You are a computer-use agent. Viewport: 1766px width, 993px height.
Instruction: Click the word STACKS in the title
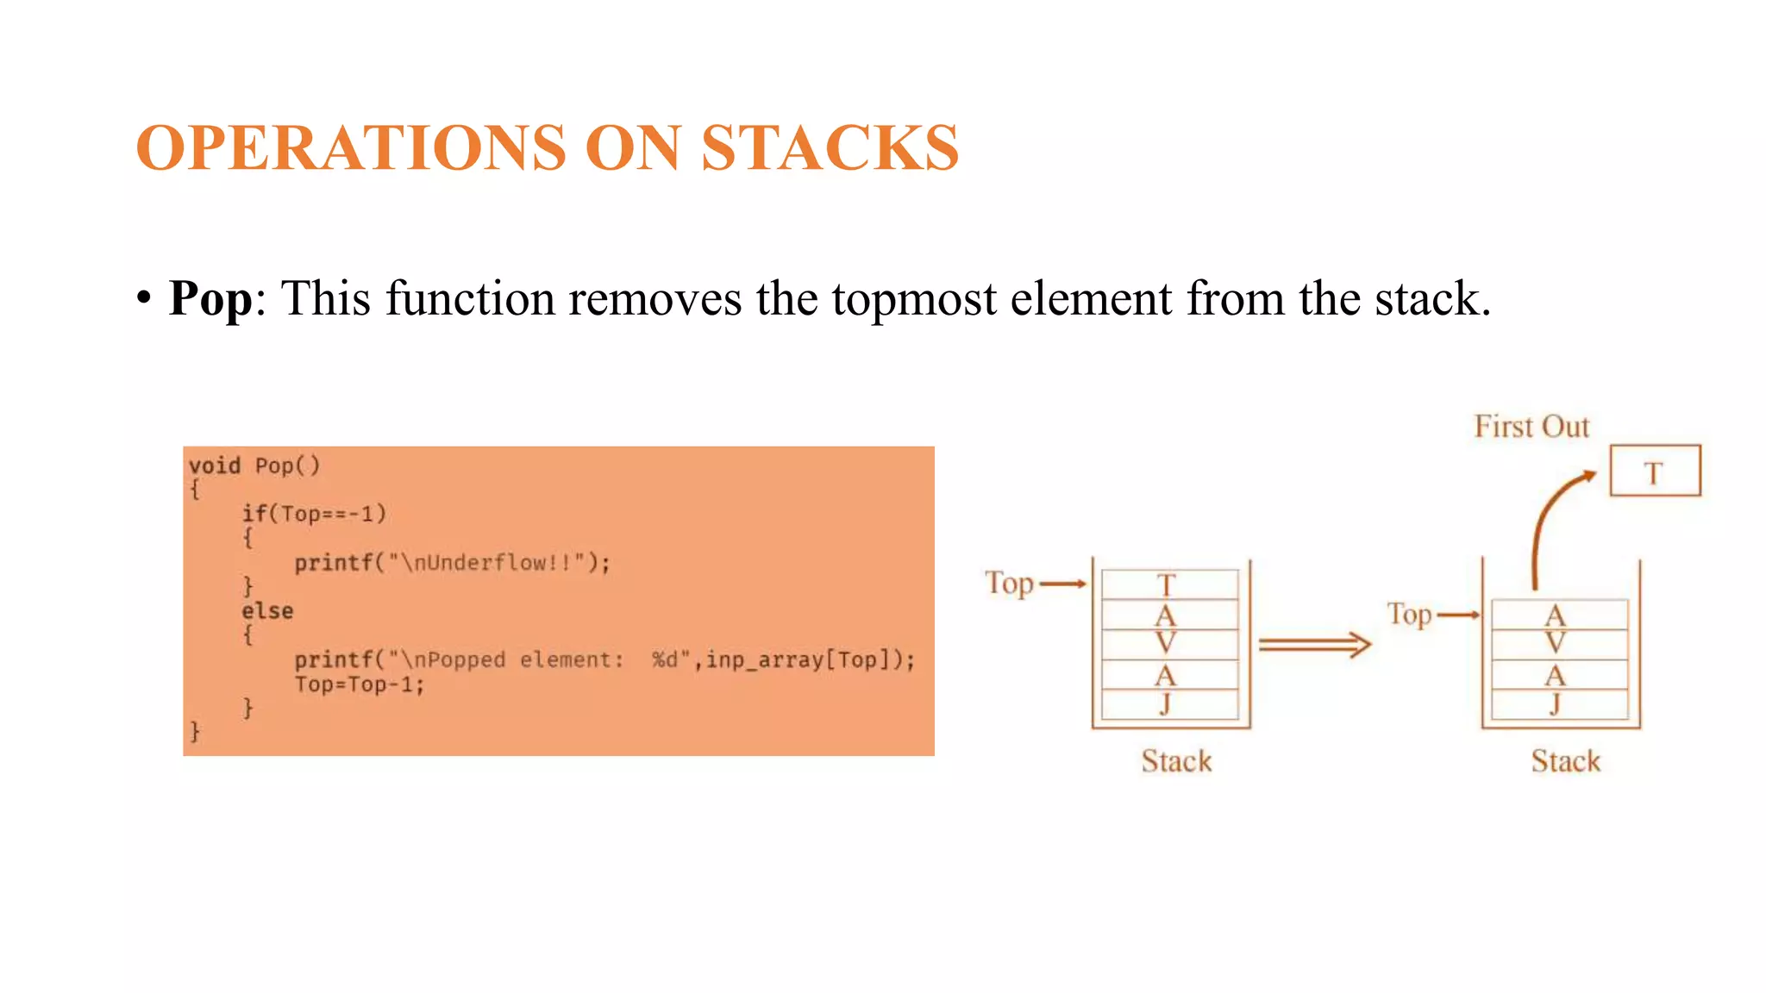point(830,148)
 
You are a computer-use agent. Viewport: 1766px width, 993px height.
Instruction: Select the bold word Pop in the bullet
point(210,298)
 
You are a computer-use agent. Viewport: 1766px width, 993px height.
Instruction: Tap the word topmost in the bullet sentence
point(913,299)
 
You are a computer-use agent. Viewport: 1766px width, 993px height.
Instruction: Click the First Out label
point(1531,427)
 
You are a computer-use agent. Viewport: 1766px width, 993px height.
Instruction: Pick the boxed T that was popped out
point(1655,472)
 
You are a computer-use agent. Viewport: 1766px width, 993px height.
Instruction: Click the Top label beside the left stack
point(1009,584)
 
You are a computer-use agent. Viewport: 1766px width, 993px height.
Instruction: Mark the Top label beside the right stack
point(1409,615)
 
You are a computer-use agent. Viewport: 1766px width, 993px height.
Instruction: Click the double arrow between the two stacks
point(1314,645)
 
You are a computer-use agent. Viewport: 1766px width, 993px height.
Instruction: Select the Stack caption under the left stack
point(1176,761)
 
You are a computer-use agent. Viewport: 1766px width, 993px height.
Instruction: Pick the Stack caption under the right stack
point(1565,761)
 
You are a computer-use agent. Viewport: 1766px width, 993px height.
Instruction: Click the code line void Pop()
point(254,465)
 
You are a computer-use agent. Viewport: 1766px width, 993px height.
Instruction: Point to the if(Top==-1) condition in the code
point(314,514)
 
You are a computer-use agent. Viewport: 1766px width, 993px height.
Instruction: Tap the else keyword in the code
point(267,611)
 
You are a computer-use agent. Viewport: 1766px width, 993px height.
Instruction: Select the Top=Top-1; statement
point(360,684)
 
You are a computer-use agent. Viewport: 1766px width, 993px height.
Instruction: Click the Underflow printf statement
point(452,563)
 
